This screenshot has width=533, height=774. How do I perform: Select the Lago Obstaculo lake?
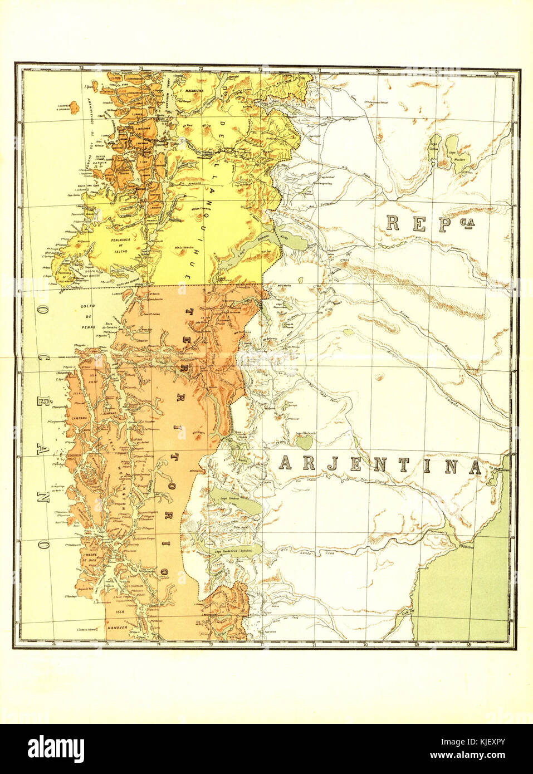click(x=305, y=442)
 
